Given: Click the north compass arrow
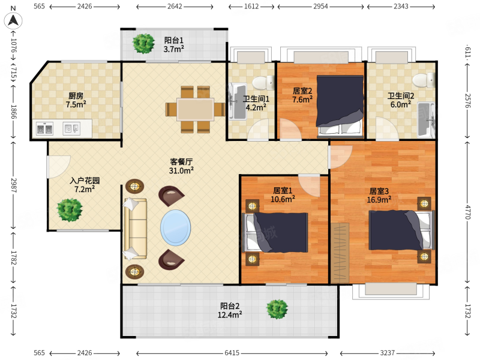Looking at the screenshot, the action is [13, 20].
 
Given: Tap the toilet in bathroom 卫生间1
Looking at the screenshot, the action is [263, 83].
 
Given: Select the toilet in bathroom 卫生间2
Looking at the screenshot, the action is [424, 80].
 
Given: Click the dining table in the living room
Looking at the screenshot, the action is [196, 109].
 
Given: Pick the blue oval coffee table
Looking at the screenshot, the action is [176, 227].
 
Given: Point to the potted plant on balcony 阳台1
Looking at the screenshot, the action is [143, 44].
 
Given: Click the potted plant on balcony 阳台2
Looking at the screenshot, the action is [277, 309].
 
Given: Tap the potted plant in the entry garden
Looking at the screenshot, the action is [70, 210].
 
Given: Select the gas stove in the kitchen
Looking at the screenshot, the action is [44, 129].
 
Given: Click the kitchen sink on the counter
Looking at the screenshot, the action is [71, 128].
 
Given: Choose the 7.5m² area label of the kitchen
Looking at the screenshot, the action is [76, 104].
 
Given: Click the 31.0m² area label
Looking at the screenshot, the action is [181, 170].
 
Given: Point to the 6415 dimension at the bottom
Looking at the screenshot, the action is [232, 353].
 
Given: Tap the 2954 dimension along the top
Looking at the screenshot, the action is [320, 7].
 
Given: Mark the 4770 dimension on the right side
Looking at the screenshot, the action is [467, 212].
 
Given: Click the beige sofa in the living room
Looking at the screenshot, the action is [136, 229].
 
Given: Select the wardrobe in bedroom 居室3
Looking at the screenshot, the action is [340, 253].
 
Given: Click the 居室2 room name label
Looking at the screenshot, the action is [302, 91].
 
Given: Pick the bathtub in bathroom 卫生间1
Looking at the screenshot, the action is [238, 101].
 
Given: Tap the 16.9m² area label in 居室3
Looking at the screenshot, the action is [379, 200].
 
